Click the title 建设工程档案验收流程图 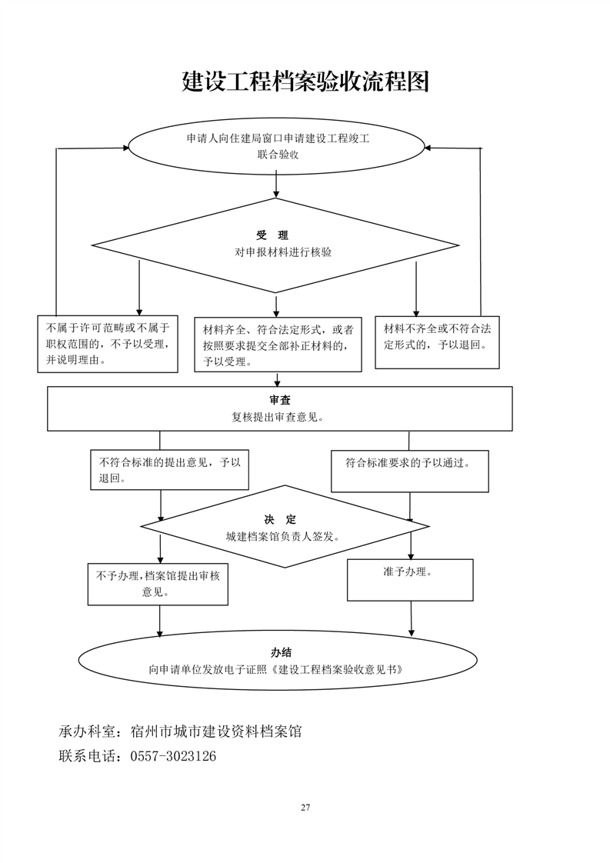pyautogui.click(x=305, y=82)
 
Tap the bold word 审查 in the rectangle pyautogui.click(x=279, y=401)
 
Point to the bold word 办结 pyautogui.click(x=281, y=653)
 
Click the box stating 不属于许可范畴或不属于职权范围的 pyautogui.click(x=108, y=344)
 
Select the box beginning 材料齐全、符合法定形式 pyautogui.click(x=278, y=345)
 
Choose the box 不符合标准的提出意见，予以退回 pyautogui.click(x=169, y=470)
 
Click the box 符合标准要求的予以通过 pyautogui.click(x=409, y=470)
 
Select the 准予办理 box pyautogui.click(x=409, y=579)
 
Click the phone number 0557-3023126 pyautogui.click(x=173, y=757)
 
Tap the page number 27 pyautogui.click(x=305, y=808)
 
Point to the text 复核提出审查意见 pyautogui.click(x=278, y=417)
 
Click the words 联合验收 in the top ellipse pyautogui.click(x=278, y=155)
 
